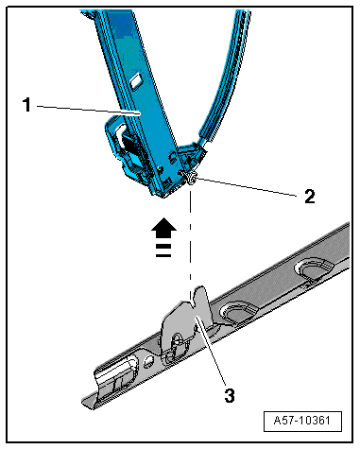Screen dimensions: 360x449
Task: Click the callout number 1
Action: tap(26, 105)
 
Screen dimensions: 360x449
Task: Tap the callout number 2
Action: tap(310, 197)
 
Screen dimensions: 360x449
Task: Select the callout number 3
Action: tap(230, 395)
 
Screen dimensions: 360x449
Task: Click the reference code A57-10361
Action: tap(302, 421)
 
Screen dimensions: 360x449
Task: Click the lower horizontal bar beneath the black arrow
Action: tap(163, 254)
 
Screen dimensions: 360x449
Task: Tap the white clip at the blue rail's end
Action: tap(191, 178)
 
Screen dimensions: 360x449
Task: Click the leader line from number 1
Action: tap(89, 110)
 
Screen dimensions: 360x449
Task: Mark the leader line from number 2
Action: tap(246, 187)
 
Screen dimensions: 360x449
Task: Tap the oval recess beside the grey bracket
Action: tap(239, 312)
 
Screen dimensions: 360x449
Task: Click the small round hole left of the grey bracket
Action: tap(148, 362)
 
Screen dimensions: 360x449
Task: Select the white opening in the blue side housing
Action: tap(120, 134)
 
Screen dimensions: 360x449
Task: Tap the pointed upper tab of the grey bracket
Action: tap(201, 296)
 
